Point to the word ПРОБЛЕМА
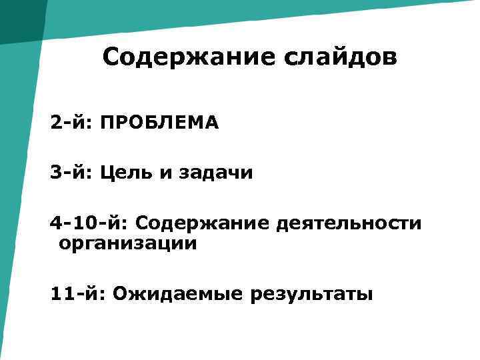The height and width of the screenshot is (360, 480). click(x=159, y=123)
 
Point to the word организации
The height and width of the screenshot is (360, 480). click(x=128, y=243)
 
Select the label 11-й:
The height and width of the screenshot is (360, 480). click(x=78, y=293)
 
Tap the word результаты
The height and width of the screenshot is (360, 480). click(x=311, y=294)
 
